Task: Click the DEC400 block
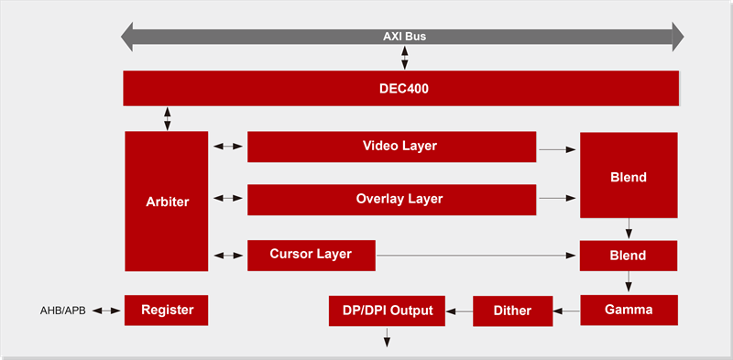coord(401,89)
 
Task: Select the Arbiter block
coord(167,202)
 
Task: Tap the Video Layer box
coord(391,147)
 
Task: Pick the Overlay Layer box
coord(391,199)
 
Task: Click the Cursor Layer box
coord(312,255)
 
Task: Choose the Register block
coord(167,310)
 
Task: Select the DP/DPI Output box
coord(387,310)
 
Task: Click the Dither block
coord(513,310)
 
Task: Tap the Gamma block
coord(629,310)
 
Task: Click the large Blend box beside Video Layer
coord(629,175)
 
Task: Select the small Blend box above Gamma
coord(629,256)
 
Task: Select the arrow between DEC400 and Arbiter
coord(167,118)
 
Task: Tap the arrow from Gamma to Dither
coord(568,311)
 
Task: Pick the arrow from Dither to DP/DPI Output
coord(459,311)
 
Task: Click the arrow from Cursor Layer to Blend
coord(477,256)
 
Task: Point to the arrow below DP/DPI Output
coord(387,337)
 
